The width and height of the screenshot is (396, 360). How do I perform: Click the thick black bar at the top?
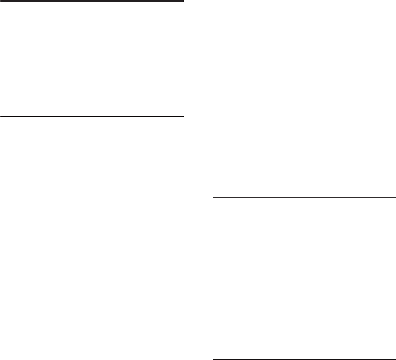click(92, 1)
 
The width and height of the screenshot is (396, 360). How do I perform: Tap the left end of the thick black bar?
click(1, 1)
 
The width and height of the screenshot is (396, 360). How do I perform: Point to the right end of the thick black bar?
click(183, 1)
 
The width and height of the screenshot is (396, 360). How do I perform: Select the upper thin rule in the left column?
click(92, 116)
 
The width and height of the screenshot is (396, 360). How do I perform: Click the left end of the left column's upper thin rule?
click(1, 116)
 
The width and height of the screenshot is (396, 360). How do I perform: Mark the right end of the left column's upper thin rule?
click(183, 116)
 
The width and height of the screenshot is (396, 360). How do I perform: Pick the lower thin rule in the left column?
click(92, 243)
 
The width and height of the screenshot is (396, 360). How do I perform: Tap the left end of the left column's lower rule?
click(1, 243)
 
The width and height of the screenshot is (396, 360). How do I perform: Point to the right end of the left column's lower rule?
click(183, 243)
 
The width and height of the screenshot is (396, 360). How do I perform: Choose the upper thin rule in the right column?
click(304, 198)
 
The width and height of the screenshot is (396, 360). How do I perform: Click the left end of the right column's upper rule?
click(213, 198)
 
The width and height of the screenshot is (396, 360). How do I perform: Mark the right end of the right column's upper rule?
click(395, 198)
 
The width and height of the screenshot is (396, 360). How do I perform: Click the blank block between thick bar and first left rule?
click(92, 59)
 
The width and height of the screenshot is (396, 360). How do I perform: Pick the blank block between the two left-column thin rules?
click(92, 179)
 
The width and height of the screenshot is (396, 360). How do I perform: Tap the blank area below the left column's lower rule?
click(92, 302)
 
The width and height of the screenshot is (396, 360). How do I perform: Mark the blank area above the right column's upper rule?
click(304, 99)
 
